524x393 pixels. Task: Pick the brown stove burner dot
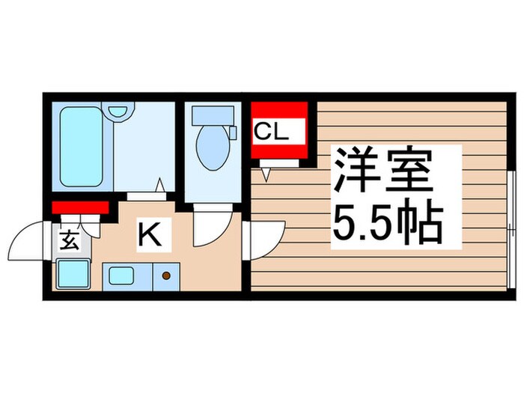tap(165, 276)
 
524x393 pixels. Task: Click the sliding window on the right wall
tap(511, 228)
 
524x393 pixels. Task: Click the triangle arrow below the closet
tap(266, 174)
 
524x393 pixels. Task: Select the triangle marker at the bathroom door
tap(161, 184)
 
